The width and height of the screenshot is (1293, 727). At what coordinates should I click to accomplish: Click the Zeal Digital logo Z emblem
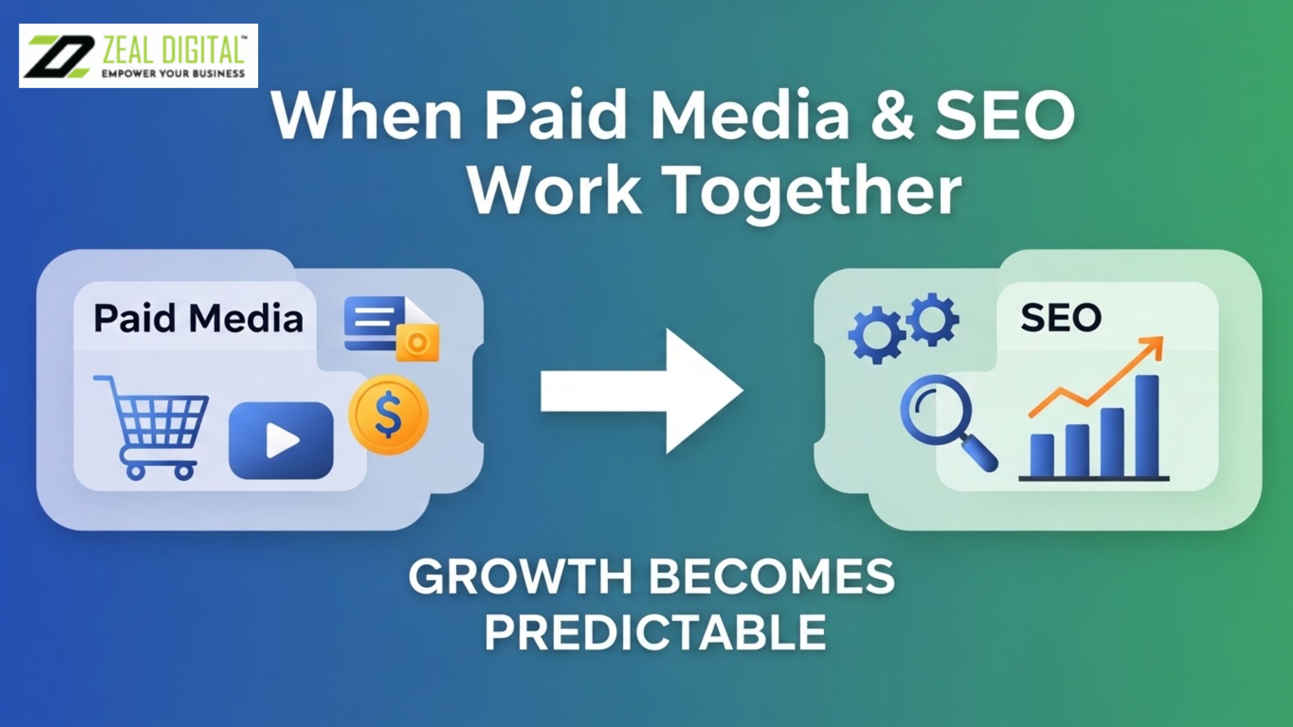60,56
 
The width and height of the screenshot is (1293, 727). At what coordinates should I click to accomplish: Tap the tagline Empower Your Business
173,74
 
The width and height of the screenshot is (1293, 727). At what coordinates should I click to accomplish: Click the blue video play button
281,440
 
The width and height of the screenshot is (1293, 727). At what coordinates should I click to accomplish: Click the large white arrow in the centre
641,391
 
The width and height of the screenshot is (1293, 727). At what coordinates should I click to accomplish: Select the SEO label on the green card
1061,318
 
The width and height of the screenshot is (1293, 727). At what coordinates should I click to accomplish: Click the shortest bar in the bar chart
1042,455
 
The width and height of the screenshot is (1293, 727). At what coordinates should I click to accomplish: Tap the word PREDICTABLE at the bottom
655,633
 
